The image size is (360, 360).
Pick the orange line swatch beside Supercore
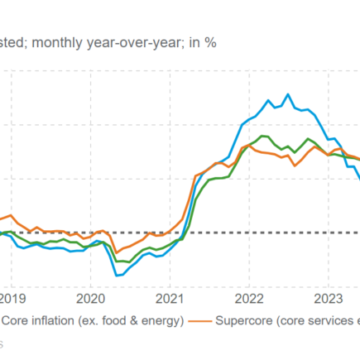point(199,320)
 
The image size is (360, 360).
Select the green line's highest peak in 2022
point(262,136)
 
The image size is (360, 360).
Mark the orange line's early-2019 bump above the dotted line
point(10,216)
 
